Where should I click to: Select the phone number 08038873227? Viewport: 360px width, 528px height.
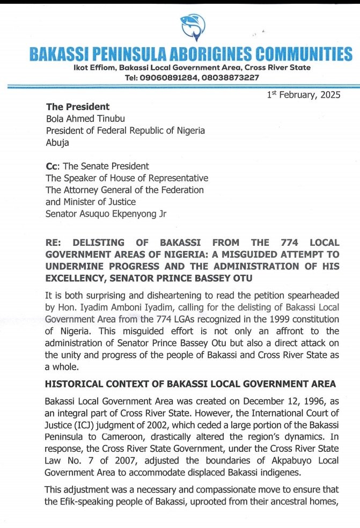(231, 77)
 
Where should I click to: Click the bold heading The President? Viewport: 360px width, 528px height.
(78, 107)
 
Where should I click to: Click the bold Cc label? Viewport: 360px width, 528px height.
(52, 166)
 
